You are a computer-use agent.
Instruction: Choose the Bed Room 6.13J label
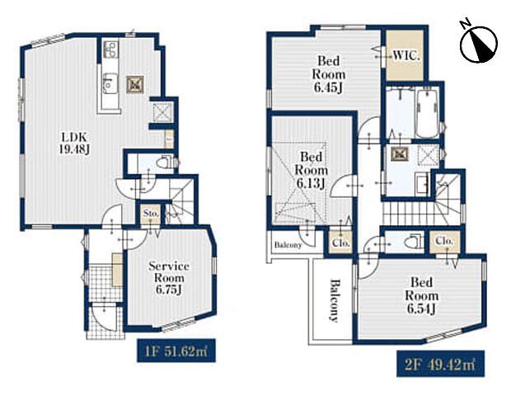click(x=311, y=169)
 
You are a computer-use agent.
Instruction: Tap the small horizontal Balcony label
click(x=288, y=243)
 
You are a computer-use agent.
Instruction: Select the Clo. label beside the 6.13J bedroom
click(x=339, y=243)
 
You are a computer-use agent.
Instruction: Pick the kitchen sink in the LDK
click(x=108, y=82)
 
